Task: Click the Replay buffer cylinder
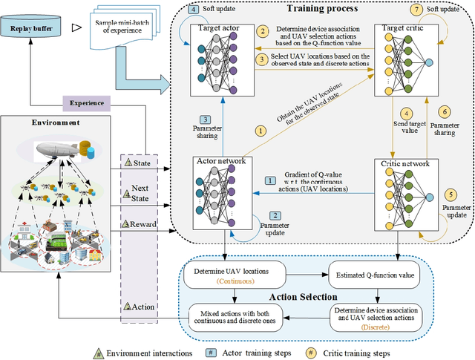31,29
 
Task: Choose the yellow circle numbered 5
449,197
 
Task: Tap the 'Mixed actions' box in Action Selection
236,314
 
